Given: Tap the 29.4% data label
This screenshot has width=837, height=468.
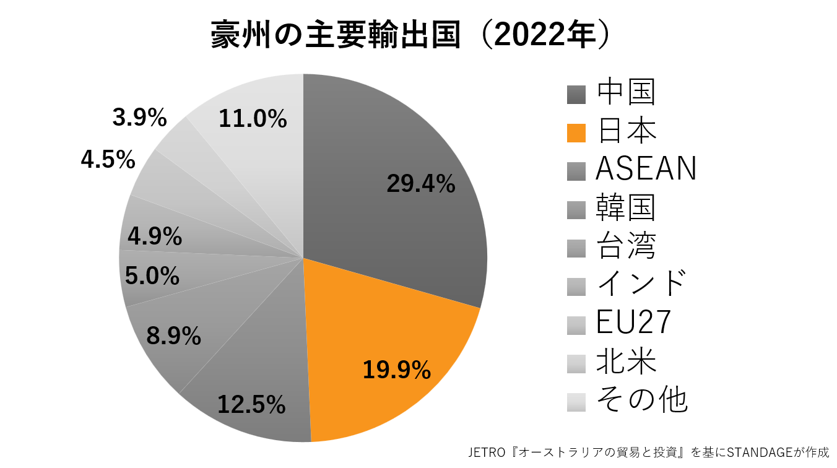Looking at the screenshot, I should [421, 184].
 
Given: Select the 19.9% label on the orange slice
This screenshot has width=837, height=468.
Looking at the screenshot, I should [396, 370].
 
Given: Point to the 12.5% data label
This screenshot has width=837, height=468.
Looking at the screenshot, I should [251, 405].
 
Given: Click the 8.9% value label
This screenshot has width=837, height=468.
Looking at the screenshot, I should [173, 336].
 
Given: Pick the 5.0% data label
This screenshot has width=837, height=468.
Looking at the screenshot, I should [152, 276].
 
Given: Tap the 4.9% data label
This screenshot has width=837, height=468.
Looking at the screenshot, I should [155, 236].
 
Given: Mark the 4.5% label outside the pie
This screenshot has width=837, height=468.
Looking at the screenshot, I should [108, 160].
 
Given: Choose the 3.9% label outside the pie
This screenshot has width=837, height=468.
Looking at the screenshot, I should [140, 118].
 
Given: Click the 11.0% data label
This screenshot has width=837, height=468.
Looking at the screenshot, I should [253, 118].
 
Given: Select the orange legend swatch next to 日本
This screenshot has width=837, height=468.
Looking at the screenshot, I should [576, 133].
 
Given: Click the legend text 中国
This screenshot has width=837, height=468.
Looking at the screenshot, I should [625, 93].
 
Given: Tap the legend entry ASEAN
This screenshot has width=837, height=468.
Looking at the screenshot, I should [646, 169].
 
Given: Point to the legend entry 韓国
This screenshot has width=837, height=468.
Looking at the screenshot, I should [625, 208].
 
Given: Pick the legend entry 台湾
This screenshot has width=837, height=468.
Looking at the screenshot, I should [625, 246].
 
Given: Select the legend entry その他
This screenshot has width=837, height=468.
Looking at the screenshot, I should [641, 400].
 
